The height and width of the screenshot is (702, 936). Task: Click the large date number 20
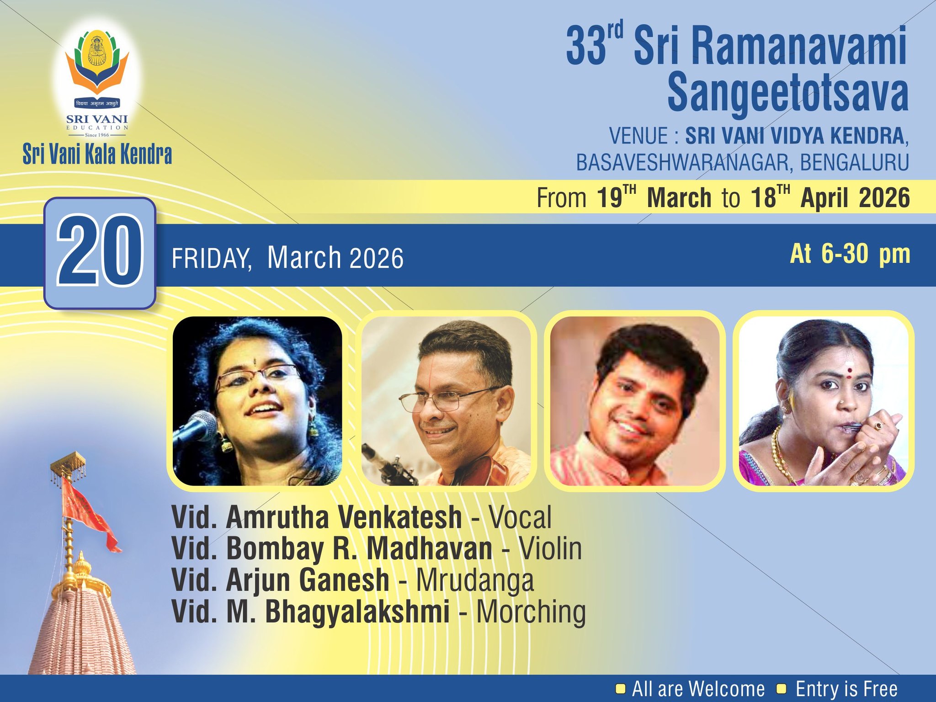(x=100, y=253)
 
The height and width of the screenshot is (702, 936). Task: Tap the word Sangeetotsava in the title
(x=787, y=94)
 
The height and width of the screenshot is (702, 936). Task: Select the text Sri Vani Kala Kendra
(x=97, y=154)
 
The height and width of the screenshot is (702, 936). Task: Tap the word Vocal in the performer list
(x=520, y=517)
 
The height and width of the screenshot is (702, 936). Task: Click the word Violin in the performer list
(x=550, y=548)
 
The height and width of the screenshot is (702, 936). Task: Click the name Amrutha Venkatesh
(x=344, y=517)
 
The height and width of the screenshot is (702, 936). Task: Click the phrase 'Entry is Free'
(x=846, y=689)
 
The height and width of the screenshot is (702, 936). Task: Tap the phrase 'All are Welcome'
(x=698, y=689)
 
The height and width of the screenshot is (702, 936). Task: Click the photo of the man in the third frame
(x=634, y=401)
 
